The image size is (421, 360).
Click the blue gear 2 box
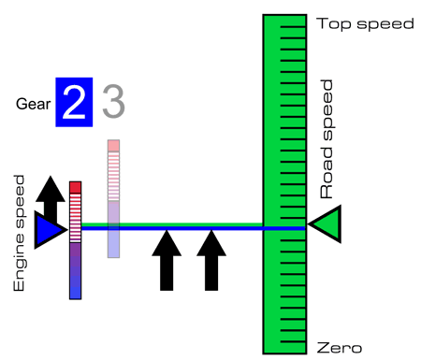point(74,102)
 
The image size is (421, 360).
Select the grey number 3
point(113,101)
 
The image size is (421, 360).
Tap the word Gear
point(33,104)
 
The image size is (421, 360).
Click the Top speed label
point(365,24)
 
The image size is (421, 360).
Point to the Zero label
point(340,348)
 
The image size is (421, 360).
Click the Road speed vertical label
point(327,139)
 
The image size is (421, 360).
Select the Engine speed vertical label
point(19,233)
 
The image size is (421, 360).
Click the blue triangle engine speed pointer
point(50,230)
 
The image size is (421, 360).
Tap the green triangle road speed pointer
point(326,223)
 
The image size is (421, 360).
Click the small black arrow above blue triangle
point(51,198)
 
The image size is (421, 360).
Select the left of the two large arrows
point(167,260)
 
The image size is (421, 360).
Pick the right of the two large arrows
point(211,260)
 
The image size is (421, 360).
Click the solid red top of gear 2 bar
point(76,188)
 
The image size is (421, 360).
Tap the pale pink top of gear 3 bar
point(113,146)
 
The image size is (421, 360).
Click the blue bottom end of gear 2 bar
point(76,293)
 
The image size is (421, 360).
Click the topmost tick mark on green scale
point(293,27)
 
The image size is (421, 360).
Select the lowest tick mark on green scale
point(293,342)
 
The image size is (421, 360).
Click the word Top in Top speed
point(334,24)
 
